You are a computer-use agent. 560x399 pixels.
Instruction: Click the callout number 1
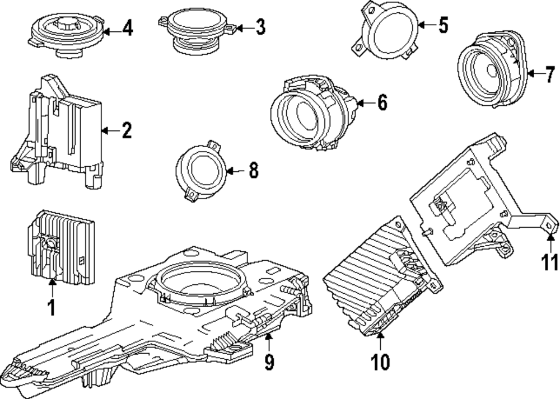click(52, 308)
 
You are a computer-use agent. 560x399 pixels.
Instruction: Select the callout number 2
click(127, 130)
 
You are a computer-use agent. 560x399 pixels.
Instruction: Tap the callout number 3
click(260, 27)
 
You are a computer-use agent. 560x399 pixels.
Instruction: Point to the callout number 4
click(128, 28)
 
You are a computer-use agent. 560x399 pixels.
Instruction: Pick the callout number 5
click(443, 25)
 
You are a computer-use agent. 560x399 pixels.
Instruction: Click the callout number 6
click(382, 103)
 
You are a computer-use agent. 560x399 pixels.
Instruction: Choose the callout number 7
click(550, 74)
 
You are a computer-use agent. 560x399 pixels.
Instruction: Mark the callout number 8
click(253, 170)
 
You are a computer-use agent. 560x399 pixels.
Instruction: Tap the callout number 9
click(269, 362)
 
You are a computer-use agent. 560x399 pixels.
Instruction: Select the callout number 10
click(380, 362)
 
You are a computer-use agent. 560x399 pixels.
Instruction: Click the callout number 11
click(550, 262)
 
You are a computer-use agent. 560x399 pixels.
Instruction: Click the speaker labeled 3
click(197, 31)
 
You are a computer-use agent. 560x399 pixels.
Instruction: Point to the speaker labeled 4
click(67, 34)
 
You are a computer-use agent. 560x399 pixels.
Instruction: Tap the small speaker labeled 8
click(200, 171)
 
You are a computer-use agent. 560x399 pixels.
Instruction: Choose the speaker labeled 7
click(492, 69)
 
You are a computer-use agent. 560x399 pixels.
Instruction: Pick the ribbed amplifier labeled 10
click(382, 276)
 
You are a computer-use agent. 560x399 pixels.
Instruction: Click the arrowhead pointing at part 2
click(105, 130)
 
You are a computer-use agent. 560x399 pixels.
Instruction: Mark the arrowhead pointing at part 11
click(550, 236)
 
